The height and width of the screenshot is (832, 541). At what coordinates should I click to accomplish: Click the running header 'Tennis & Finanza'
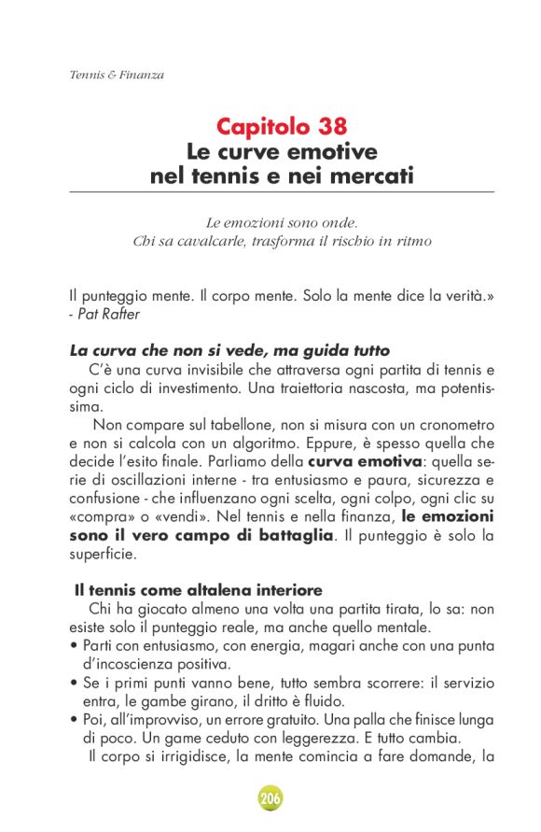[x=117, y=75]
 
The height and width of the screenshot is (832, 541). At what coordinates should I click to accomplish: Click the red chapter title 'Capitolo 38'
[x=282, y=126]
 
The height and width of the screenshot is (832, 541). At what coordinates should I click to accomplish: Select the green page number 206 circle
[x=270, y=798]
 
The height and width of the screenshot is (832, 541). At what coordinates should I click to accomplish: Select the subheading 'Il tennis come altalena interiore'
[x=199, y=590]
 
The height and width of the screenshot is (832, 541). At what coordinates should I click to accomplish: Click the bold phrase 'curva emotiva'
[x=359, y=461]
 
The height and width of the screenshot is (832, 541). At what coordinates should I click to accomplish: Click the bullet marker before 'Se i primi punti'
[x=75, y=682]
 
